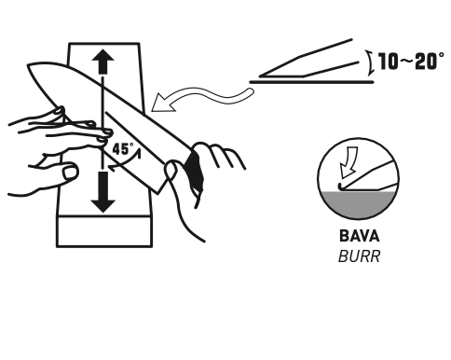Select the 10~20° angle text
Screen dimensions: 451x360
(411, 62)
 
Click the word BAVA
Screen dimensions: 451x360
(360, 236)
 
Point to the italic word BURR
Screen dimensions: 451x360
(359, 256)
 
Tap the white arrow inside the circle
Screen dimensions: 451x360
(348, 163)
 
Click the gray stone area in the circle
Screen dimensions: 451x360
(358, 203)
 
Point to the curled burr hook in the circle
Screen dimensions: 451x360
(340, 187)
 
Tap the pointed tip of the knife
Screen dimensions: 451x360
(29, 65)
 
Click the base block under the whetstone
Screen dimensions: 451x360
(104, 231)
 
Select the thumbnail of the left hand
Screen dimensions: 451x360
(70, 173)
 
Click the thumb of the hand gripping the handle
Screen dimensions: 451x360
(171, 171)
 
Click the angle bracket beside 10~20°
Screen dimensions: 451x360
(369, 63)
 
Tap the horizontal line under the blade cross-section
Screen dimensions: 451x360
(311, 82)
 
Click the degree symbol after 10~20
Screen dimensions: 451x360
(441, 56)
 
